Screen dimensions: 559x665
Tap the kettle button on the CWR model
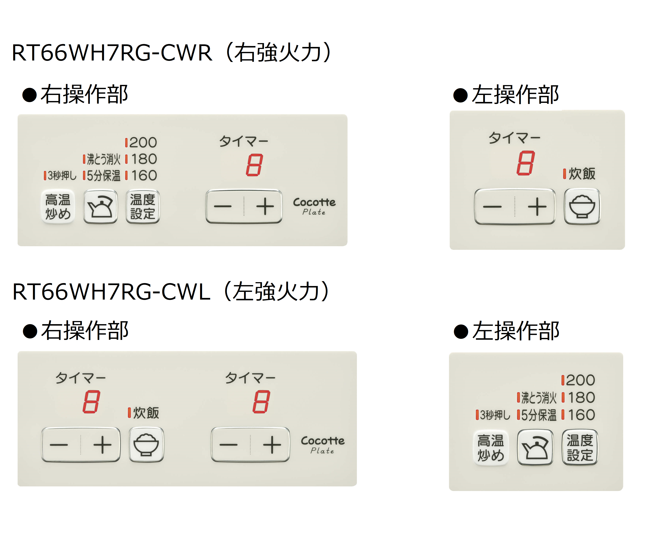point(100,207)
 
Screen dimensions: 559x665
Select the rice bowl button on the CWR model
point(582,207)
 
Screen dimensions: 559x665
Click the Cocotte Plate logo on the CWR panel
point(314,206)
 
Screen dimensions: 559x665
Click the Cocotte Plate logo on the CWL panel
point(322,445)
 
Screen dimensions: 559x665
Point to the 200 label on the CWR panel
point(143,143)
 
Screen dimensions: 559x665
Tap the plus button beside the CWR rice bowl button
point(537,207)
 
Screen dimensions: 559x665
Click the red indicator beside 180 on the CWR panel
point(127,159)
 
